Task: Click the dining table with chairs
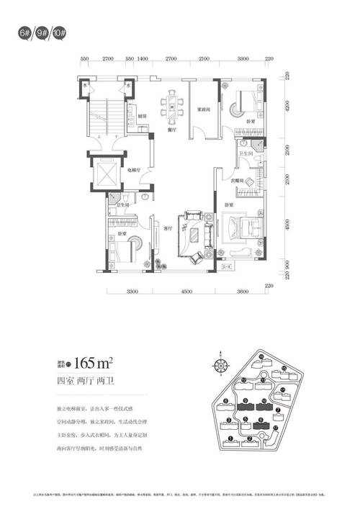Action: click(174, 106)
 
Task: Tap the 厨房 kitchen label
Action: click(143, 115)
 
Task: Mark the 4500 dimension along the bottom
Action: click(187, 292)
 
